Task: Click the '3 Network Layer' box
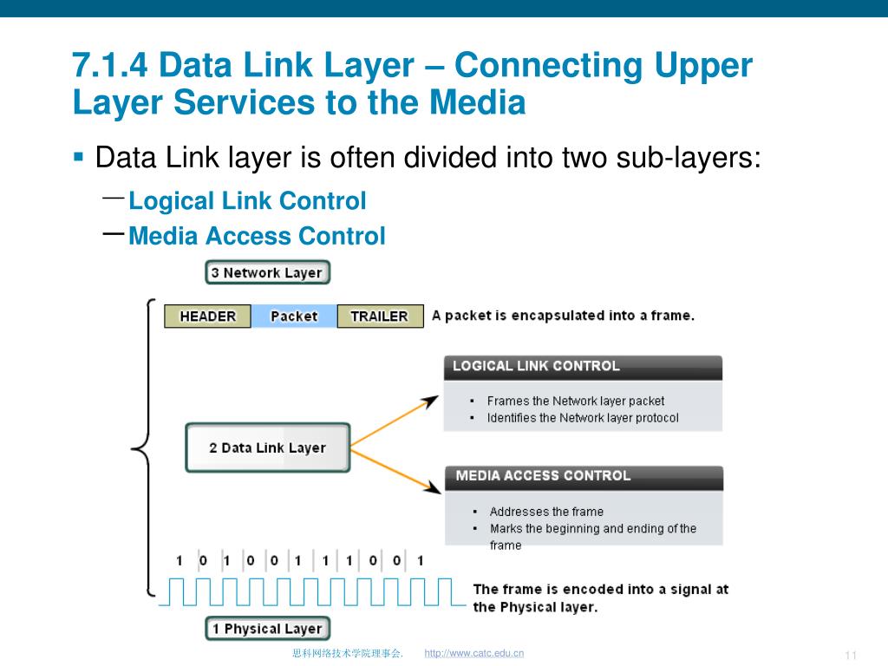[x=267, y=272]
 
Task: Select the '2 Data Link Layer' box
[x=267, y=447]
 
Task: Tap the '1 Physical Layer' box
[x=267, y=629]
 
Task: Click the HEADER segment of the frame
[x=207, y=317]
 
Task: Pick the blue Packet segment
[x=294, y=317]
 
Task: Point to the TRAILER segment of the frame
[x=379, y=317]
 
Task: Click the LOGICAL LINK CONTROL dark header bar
[x=583, y=367]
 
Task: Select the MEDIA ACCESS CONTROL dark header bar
[x=583, y=476]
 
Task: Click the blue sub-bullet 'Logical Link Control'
[x=247, y=201]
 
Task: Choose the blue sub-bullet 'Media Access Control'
[x=257, y=236]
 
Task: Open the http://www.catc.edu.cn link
[x=474, y=653]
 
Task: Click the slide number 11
[x=850, y=654]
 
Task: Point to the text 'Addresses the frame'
[x=546, y=512]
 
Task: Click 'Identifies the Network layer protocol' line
[x=583, y=418]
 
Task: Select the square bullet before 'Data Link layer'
[x=78, y=158]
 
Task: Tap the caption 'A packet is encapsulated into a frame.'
[x=563, y=316]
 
